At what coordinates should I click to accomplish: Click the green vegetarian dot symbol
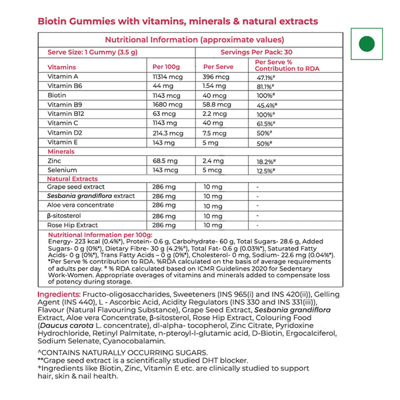point(366,44)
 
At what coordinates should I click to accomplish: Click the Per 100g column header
point(166,67)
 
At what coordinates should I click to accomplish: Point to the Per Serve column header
point(217,67)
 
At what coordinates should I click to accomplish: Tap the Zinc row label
point(55,161)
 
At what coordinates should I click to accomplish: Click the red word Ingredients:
point(59,295)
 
